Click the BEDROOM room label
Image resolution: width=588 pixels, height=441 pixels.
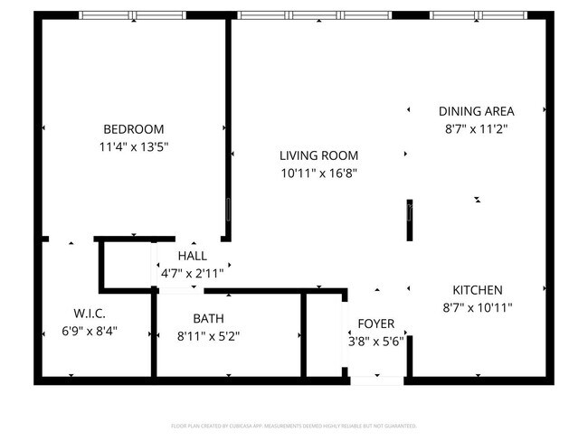(133, 128)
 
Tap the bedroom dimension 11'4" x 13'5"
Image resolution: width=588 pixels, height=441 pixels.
(133, 145)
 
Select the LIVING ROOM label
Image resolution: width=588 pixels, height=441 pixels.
(318, 155)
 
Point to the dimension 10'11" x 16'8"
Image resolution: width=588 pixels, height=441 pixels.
(318, 173)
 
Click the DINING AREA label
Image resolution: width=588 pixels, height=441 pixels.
(476, 111)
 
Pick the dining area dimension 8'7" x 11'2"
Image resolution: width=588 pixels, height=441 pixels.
(476, 128)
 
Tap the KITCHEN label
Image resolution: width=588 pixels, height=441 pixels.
(477, 290)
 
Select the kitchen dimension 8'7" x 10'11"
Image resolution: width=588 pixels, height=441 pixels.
(477, 307)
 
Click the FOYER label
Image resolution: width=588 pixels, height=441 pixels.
(375, 324)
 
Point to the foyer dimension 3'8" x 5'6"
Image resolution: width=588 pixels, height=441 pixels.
(375, 342)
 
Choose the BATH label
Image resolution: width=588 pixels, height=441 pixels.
(208, 318)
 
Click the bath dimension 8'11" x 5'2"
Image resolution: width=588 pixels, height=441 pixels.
(208, 335)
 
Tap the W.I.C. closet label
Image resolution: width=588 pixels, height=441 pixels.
(90, 313)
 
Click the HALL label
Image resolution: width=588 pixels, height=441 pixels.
(192, 255)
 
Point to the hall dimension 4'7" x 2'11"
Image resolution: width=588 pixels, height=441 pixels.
(192, 272)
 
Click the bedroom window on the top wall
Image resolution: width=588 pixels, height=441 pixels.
(133, 15)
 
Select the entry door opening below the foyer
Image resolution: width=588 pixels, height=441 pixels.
(376, 380)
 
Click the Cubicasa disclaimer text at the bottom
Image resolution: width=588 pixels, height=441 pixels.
(294, 425)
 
